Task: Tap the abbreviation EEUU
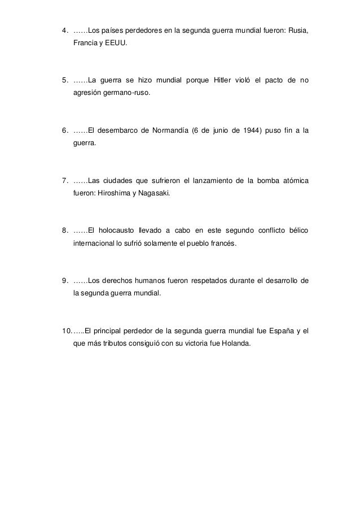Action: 116,42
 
